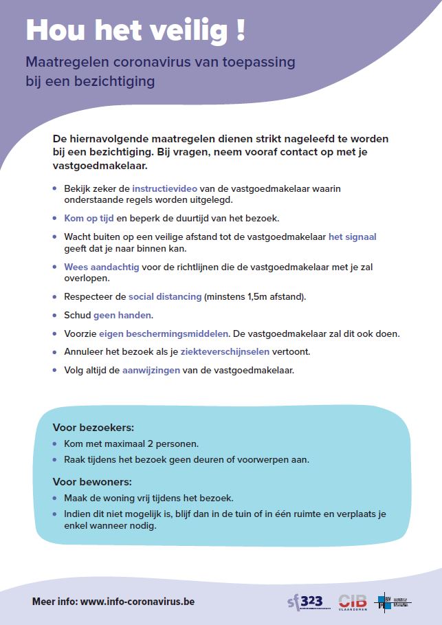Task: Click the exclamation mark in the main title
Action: [x=240, y=31]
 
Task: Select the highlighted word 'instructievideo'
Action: [x=162, y=188]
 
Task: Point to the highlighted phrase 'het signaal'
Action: [x=352, y=237]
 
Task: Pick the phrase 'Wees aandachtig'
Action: [x=102, y=267]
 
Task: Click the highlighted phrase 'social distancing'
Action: [x=165, y=297]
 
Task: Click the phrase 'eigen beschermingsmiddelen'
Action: [x=164, y=333]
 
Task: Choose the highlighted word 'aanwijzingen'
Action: [x=151, y=370]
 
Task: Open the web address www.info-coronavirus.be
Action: [x=137, y=601]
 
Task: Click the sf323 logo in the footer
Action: [x=305, y=601]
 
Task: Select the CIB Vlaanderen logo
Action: [x=353, y=601]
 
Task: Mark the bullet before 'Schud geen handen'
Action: [x=56, y=316]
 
